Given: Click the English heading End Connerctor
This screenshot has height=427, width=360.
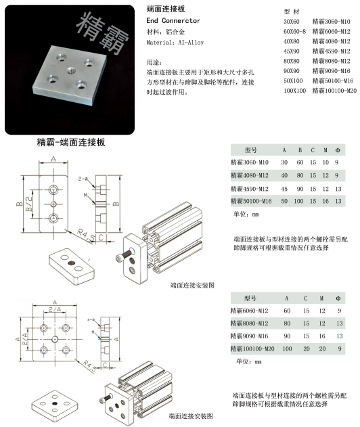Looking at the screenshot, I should pyautogui.click(x=173, y=21).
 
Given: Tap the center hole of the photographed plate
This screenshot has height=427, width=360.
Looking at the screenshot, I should pyautogui.click(x=70, y=70).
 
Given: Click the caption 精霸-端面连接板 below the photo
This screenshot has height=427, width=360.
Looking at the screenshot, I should pyautogui.click(x=71, y=143).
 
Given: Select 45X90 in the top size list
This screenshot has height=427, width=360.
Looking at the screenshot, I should pyautogui.click(x=292, y=51).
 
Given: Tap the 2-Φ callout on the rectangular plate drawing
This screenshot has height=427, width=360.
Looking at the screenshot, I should pyautogui.click(x=83, y=178).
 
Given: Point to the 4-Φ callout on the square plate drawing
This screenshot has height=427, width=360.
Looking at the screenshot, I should pyautogui.click(x=89, y=319).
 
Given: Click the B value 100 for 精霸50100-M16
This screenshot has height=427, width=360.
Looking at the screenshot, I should pyautogui.click(x=298, y=201).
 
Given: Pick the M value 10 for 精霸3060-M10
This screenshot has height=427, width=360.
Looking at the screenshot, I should pyautogui.click(x=325, y=162).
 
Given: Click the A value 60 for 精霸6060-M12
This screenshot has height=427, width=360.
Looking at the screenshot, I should pyautogui.click(x=286, y=311).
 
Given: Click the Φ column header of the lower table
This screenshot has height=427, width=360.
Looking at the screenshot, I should pyautogui.click(x=339, y=298).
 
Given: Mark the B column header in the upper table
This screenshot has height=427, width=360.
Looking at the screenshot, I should pyautogui.click(x=298, y=150).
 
